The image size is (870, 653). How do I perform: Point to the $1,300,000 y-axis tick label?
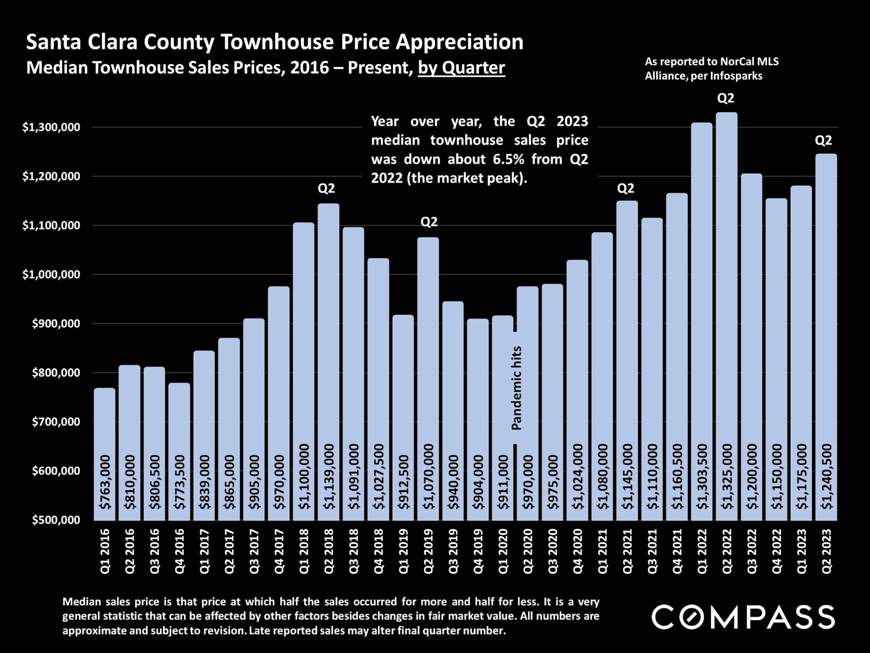51,127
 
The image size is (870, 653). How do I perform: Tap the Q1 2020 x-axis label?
503,551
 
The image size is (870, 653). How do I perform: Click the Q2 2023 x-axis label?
826,551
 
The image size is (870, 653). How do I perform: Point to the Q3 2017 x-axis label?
254,551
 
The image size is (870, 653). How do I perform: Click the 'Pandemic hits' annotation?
517,388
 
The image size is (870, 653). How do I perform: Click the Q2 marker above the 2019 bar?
429,222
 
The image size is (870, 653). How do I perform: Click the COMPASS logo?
743,617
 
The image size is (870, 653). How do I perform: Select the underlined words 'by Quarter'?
461,68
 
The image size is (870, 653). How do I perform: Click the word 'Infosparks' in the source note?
736,76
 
